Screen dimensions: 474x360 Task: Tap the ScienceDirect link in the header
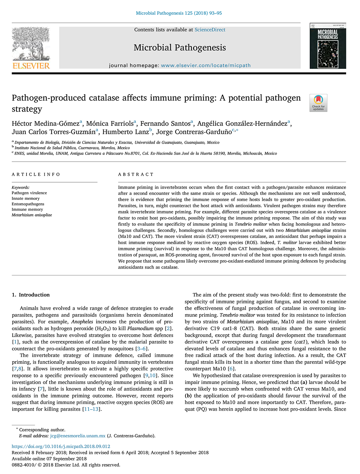[210, 30]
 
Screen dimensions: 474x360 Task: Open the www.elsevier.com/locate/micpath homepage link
[205, 65]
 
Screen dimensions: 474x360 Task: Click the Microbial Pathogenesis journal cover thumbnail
[328, 46]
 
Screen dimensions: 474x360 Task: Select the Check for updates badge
[318, 103]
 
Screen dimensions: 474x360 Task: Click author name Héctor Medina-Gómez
[46, 124]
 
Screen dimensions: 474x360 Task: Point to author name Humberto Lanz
[126, 132]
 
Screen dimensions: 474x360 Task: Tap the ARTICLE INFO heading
[36, 175]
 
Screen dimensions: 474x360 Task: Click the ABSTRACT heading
[136, 175]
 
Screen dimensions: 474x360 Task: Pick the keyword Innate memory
[26, 198]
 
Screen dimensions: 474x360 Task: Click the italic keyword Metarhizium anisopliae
[32, 215]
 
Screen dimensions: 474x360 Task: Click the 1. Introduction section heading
[31, 295]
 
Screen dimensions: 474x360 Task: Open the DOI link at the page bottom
[61, 446]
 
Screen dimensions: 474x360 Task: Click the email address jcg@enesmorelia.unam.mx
[78, 436]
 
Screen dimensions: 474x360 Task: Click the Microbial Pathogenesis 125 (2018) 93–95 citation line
[179, 13]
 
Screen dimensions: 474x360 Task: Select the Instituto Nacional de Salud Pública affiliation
[72, 148]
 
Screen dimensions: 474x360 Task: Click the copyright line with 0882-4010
[66, 465]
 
